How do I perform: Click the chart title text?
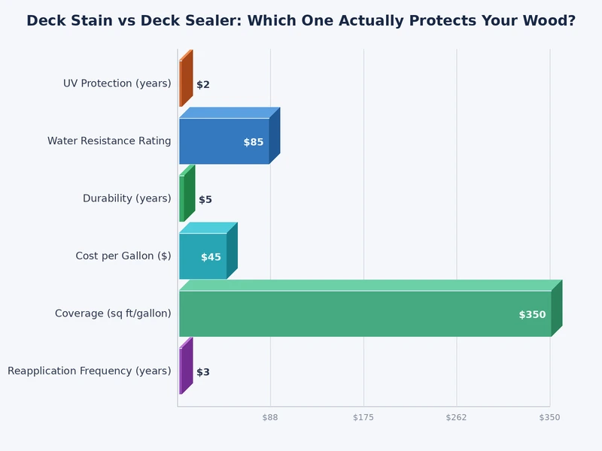pyautogui.click(x=301, y=21)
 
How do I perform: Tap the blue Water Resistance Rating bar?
pyautogui.click(x=224, y=141)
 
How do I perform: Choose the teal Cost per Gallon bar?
pyautogui.click(x=203, y=256)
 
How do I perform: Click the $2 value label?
pyautogui.click(x=203, y=85)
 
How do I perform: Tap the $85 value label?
pyautogui.click(x=254, y=142)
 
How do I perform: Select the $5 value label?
pyautogui.click(x=205, y=200)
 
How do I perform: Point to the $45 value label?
pyautogui.click(x=211, y=257)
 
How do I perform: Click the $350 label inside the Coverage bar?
pyautogui.click(x=532, y=315)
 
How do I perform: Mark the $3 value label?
pyautogui.click(x=203, y=372)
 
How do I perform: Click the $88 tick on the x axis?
pyautogui.click(x=270, y=417)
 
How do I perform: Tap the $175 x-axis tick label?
pyautogui.click(x=363, y=417)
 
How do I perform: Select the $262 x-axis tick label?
pyautogui.click(x=456, y=417)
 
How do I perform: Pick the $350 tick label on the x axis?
pyautogui.click(x=549, y=417)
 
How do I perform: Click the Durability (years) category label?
pyautogui.click(x=127, y=198)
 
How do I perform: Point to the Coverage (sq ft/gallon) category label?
pyautogui.click(x=113, y=313)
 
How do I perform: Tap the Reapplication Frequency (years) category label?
pyautogui.click(x=90, y=371)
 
